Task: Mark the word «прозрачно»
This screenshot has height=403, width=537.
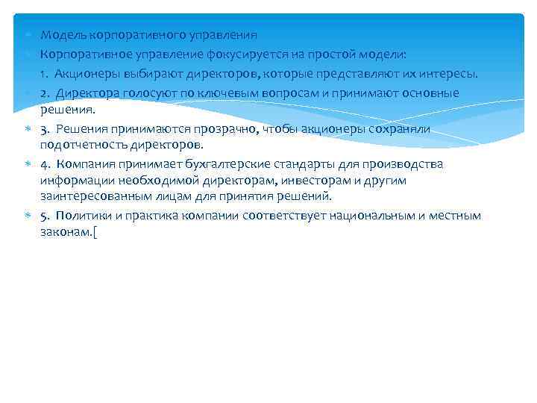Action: pos(239,129)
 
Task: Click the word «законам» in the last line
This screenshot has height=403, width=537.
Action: pos(64,231)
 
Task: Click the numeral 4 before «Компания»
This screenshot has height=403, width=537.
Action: pos(44,164)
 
